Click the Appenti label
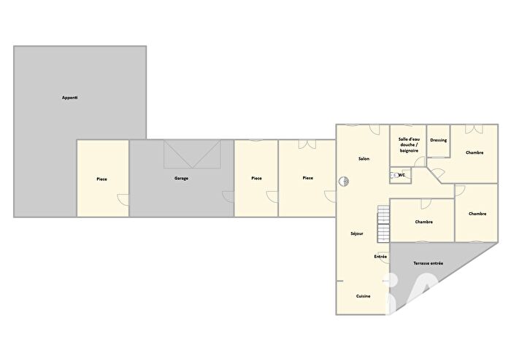pyautogui.click(x=70, y=98)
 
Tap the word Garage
pyautogui.click(x=181, y=178)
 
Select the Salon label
pyautogui.click(x=364, y=159)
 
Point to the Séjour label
pyautogui.click(x=357, y=233)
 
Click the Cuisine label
pyautogui.click(x=363, y=296)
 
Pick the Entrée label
pyautogui.click(x=380, y=257)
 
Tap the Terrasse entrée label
pyautogui.click(x=428, y=263)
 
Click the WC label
pyautogui.click(x=401, y=175)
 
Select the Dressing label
pyautogui.click(x=438, y=140)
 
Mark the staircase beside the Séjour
pyautogui.click(x=383, y=224)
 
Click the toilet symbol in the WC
pyautogui.click(x=393, y=175)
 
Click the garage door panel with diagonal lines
pyautogui.click(x=192, y=155)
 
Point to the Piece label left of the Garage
pyautogui.click(x=102, y=179)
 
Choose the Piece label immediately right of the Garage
pyautogui.click(x=256, y=178)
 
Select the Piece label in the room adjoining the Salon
pyautogui.click(x=308, y=177)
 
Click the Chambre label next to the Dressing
pyautogui.click(x=474, y=152)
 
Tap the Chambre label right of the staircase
pyautogui.click(x=423, y=222)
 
